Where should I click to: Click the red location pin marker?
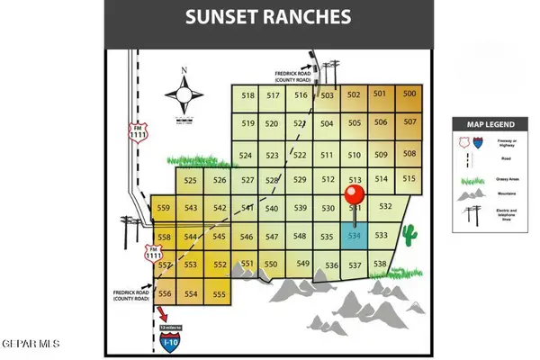355,196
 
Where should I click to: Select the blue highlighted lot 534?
355,237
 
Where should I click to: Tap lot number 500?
409,94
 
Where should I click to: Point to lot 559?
164,208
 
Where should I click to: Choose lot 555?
218,294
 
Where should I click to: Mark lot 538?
381,265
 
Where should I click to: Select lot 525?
191,180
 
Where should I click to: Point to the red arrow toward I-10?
164,313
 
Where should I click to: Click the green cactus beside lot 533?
410,236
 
